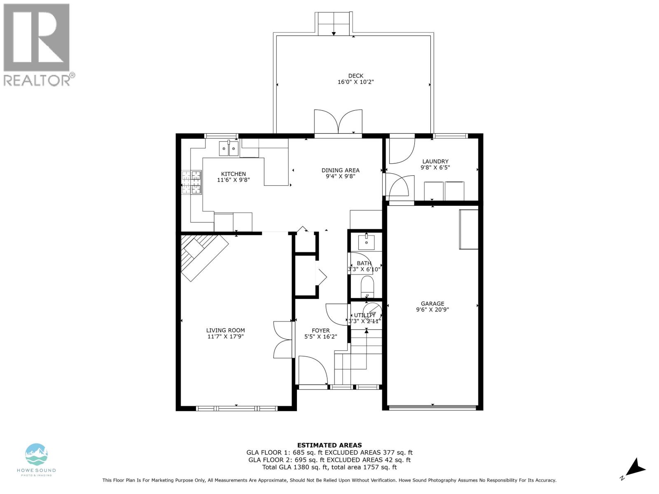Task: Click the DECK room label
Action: coord(355,76)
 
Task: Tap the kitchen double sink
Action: coord(229,149)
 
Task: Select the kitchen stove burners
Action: coord(191,182)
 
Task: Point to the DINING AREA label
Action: coord(340,170)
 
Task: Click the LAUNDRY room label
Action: coord(435,161)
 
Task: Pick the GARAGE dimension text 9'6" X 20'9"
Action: coord(432,310)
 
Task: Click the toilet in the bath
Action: coord(367,287)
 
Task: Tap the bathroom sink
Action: coord(366,242)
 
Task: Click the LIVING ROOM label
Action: coord(225,330)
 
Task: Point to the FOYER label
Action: coord(320,331)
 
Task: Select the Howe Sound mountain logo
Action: coord(36,454)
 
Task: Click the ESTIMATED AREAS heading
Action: coord(329,445)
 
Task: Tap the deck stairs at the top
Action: coord(334,23)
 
